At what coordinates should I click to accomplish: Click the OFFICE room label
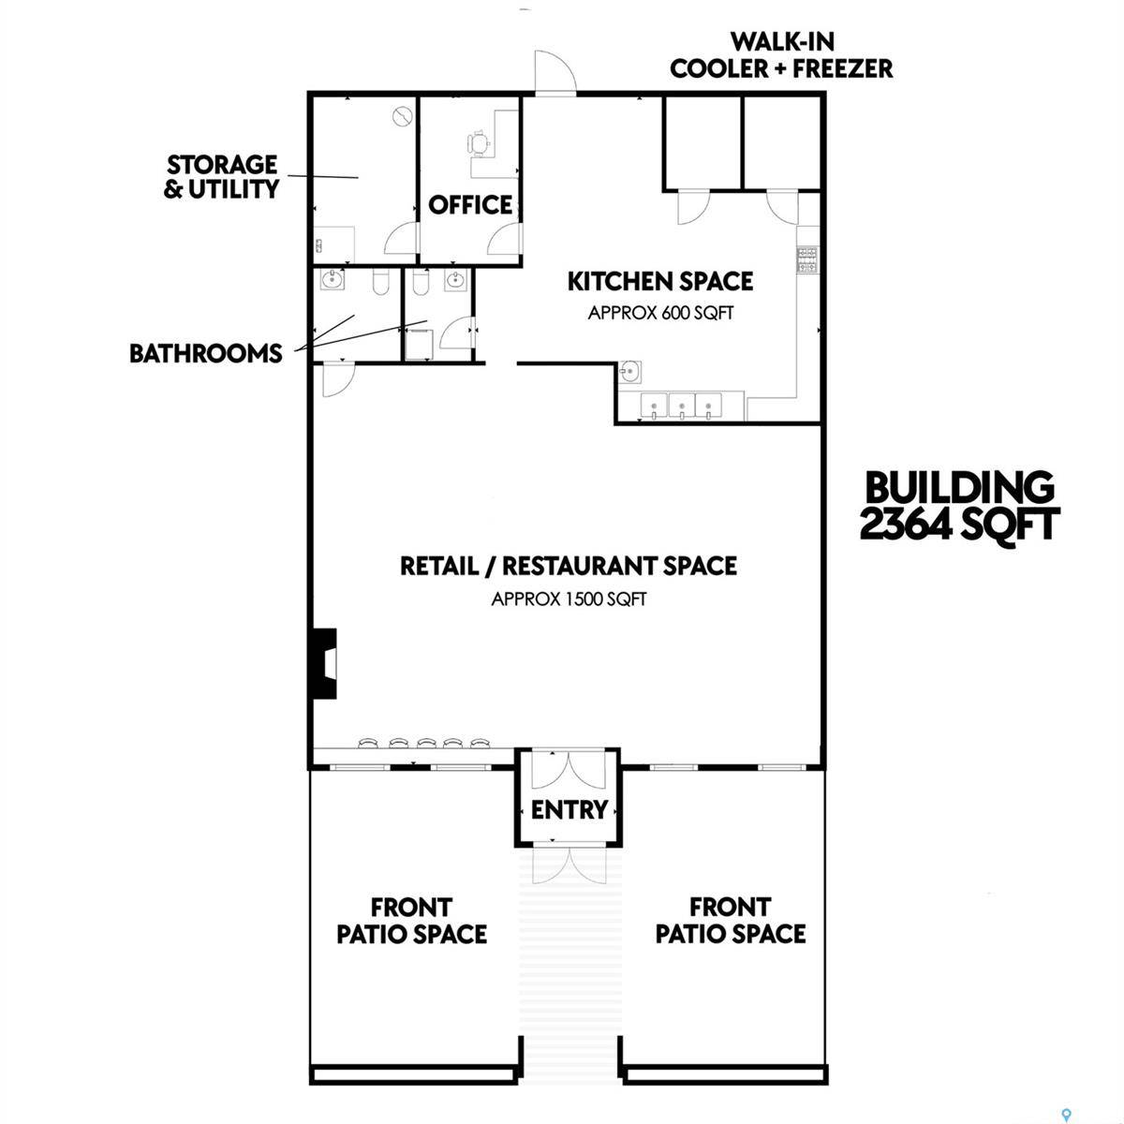click(x=470, y=205)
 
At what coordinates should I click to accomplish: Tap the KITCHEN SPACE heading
click(x=660, y=281)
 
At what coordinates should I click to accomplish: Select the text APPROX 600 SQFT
click(x=660, y=313)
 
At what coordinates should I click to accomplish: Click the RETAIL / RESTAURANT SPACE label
click(x=568, y=566)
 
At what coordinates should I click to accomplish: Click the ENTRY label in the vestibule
click(x=569, y=809)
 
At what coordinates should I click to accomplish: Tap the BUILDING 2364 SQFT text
click(x=959, y=506)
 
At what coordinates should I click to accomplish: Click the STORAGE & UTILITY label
click(x=222, y=177)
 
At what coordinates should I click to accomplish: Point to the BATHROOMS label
click(x=206, y=353)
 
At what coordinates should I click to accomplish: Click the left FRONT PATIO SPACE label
click(x=411, y=921)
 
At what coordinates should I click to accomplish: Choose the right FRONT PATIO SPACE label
click(x=730, y=921)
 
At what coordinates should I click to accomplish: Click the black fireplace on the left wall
click(x=323, y=663)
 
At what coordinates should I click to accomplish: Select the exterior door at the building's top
click(x=554, y=73)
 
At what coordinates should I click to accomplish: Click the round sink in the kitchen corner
click(x=629, y=372)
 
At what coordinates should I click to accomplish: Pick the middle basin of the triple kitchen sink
click(x=681, y=407)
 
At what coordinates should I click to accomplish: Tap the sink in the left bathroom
click(x=332, y=278)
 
